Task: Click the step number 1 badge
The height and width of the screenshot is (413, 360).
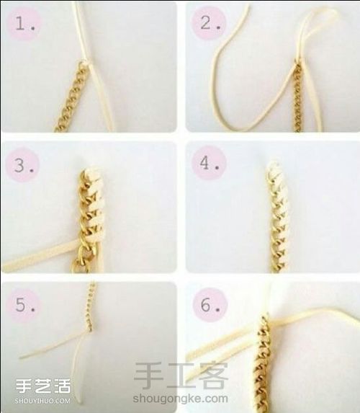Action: (24, 24)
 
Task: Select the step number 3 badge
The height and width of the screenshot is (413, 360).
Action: (22, 165)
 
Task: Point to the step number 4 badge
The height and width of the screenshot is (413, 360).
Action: (209, 164)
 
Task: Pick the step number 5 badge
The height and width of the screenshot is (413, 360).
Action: (24, 305)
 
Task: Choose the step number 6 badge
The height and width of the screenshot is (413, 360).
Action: (210, 305)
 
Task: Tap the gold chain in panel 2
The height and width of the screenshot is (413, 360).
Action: (298, 96)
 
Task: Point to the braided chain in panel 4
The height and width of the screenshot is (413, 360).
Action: (279, 217)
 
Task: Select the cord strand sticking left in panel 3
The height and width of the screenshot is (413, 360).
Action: (40, 254)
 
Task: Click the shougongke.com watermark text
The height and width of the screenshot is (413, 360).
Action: (180, 398)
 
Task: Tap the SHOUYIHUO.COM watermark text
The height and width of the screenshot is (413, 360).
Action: (42, 401)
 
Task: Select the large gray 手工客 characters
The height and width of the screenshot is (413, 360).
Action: (181, 376)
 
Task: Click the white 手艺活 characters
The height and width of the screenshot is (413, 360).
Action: (43, 386)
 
